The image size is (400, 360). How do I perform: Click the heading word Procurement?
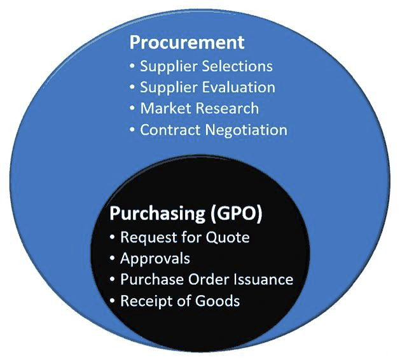click(x=186, y=43)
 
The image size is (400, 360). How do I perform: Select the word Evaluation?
click(x=237, y=87)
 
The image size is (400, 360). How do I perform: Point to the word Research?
click(x=227, y=108)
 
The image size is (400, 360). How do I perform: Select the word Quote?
click(x=228, y=238)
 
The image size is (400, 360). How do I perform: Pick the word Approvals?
click(x=155, y=259)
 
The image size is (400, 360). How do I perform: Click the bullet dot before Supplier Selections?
click(x=132, y=66)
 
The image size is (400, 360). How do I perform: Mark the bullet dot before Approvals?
click(x=112, y=260)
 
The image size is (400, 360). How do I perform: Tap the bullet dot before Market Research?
click(x=132, y=109)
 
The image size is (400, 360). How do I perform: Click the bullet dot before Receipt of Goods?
click(x=112, y=301)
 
